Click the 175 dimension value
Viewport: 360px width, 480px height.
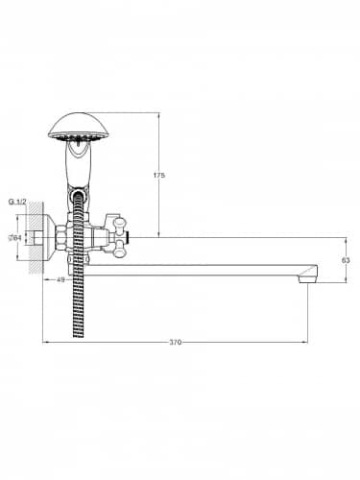tap(159, 176)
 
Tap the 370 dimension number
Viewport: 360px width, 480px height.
tap(175, 343)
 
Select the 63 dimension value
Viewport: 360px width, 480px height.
tap(346, 260)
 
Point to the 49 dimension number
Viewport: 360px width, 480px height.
tap(60, 279)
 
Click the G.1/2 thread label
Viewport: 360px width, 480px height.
tap(17, 202)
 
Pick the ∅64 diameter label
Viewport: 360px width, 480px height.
tap(15, 237)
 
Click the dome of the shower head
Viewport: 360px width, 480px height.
tap(79, 125)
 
